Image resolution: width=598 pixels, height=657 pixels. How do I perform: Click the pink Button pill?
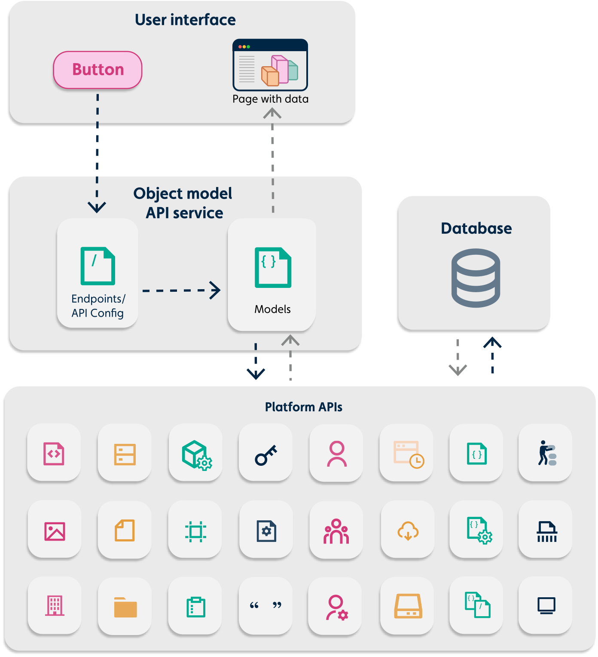click(98, 70)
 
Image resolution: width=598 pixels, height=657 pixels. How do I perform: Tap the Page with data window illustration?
click(270, 65)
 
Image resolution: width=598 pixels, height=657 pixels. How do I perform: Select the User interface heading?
click(185, 20)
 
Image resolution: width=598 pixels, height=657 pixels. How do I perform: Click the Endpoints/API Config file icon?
click(98, 266)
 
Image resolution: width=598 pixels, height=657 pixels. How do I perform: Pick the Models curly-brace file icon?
click(273, 267)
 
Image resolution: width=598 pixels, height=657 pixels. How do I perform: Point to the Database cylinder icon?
click(476, 278)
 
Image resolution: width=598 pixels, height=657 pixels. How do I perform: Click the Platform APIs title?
click(303, 407)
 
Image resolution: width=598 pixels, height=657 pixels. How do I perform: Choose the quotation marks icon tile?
click(265, 605)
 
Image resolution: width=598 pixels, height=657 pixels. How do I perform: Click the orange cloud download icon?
click(408, 531)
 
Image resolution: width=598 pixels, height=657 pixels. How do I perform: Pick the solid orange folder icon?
click(125, 607)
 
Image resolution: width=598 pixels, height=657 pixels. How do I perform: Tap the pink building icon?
click(55, 605)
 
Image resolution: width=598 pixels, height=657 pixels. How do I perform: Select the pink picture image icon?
click(55, 531)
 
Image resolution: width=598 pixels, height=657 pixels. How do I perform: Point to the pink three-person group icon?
click(336, 531)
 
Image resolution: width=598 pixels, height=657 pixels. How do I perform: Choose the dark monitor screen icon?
click(546, 605)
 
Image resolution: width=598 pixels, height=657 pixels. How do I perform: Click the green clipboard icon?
click(196, 607)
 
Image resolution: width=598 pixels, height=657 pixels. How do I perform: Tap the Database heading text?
click(476, 228)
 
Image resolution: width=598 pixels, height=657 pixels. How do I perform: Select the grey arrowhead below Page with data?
click(272, 113)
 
